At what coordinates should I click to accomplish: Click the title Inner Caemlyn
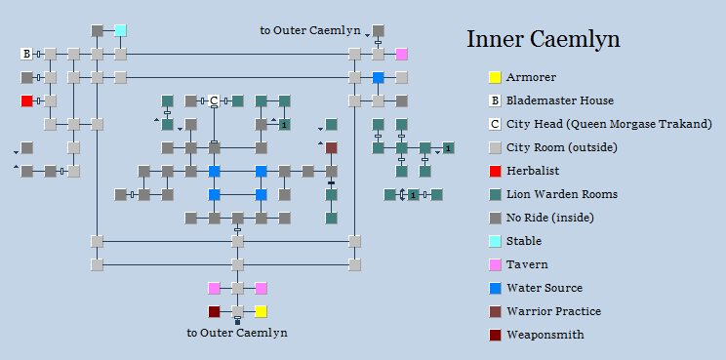click(x=543, y=40)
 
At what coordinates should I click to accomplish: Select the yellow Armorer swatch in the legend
click(x=495, y=77)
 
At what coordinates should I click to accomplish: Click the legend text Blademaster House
click(x=559, y=100)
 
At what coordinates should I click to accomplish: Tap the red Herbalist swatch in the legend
click(x=495, y=171)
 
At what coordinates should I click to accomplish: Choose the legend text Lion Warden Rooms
click(x=560, y=194)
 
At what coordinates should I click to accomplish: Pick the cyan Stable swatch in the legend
click(x=495, y=241)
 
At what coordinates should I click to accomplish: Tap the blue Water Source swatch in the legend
click(x=495, y=288)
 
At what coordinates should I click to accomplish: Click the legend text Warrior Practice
click(x=553, y=311)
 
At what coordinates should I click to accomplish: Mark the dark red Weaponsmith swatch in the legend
click(x=495, y=335)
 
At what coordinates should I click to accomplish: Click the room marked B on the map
click(x=26, y=54)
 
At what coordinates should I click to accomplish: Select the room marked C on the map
click(x=214, y=100)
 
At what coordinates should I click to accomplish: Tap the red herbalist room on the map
click(x=26, y=100)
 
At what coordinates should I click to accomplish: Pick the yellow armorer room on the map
click(x=261, y=311)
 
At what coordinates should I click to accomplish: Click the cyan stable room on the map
click(x=120, y=30)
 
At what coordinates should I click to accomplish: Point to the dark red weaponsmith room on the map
click(x=214, y=311)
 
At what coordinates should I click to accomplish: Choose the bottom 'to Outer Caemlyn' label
click(x=237, y=333)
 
